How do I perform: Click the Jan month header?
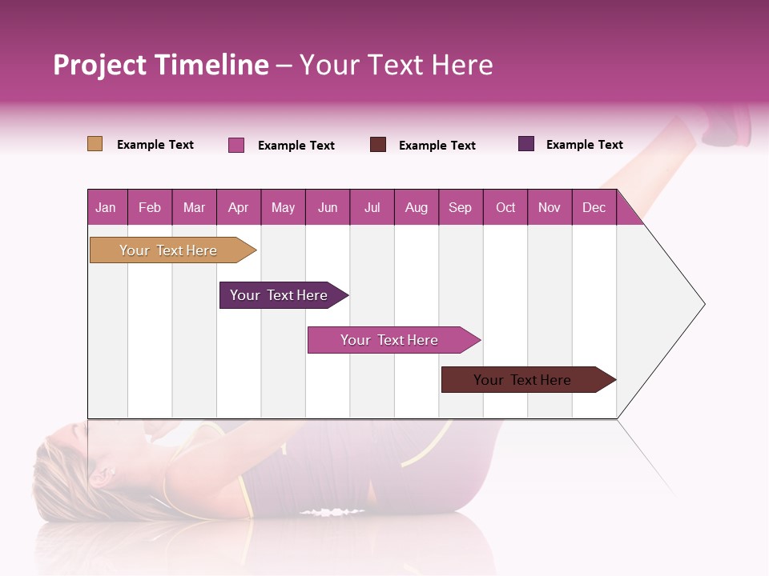(x=107, y=207)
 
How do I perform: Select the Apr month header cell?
(x=239, y=207)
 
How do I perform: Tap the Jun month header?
(x=328, y=207)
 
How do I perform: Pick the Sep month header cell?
(x=461, y=207)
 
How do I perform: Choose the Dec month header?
(x=594, y=207)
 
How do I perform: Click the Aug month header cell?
(x=417, y=207)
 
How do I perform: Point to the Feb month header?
(x=150, y=207)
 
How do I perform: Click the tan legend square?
(x=95, y=144)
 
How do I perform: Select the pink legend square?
(x=236, y=145)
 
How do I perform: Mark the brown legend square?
(x=378, y=145)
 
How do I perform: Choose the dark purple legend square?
(x=526, y=144)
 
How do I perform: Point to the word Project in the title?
(x=100, y=65)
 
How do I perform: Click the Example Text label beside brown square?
(x=437, y=146)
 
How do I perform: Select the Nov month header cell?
(x=550, y=207)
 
